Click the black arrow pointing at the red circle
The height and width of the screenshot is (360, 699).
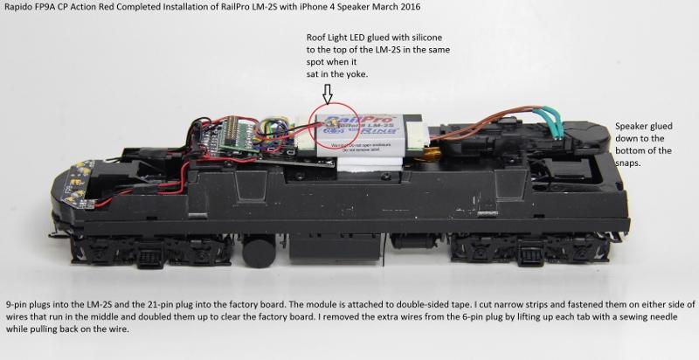tap(326, 91)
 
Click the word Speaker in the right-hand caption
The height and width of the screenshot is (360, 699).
tap(635, 125)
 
